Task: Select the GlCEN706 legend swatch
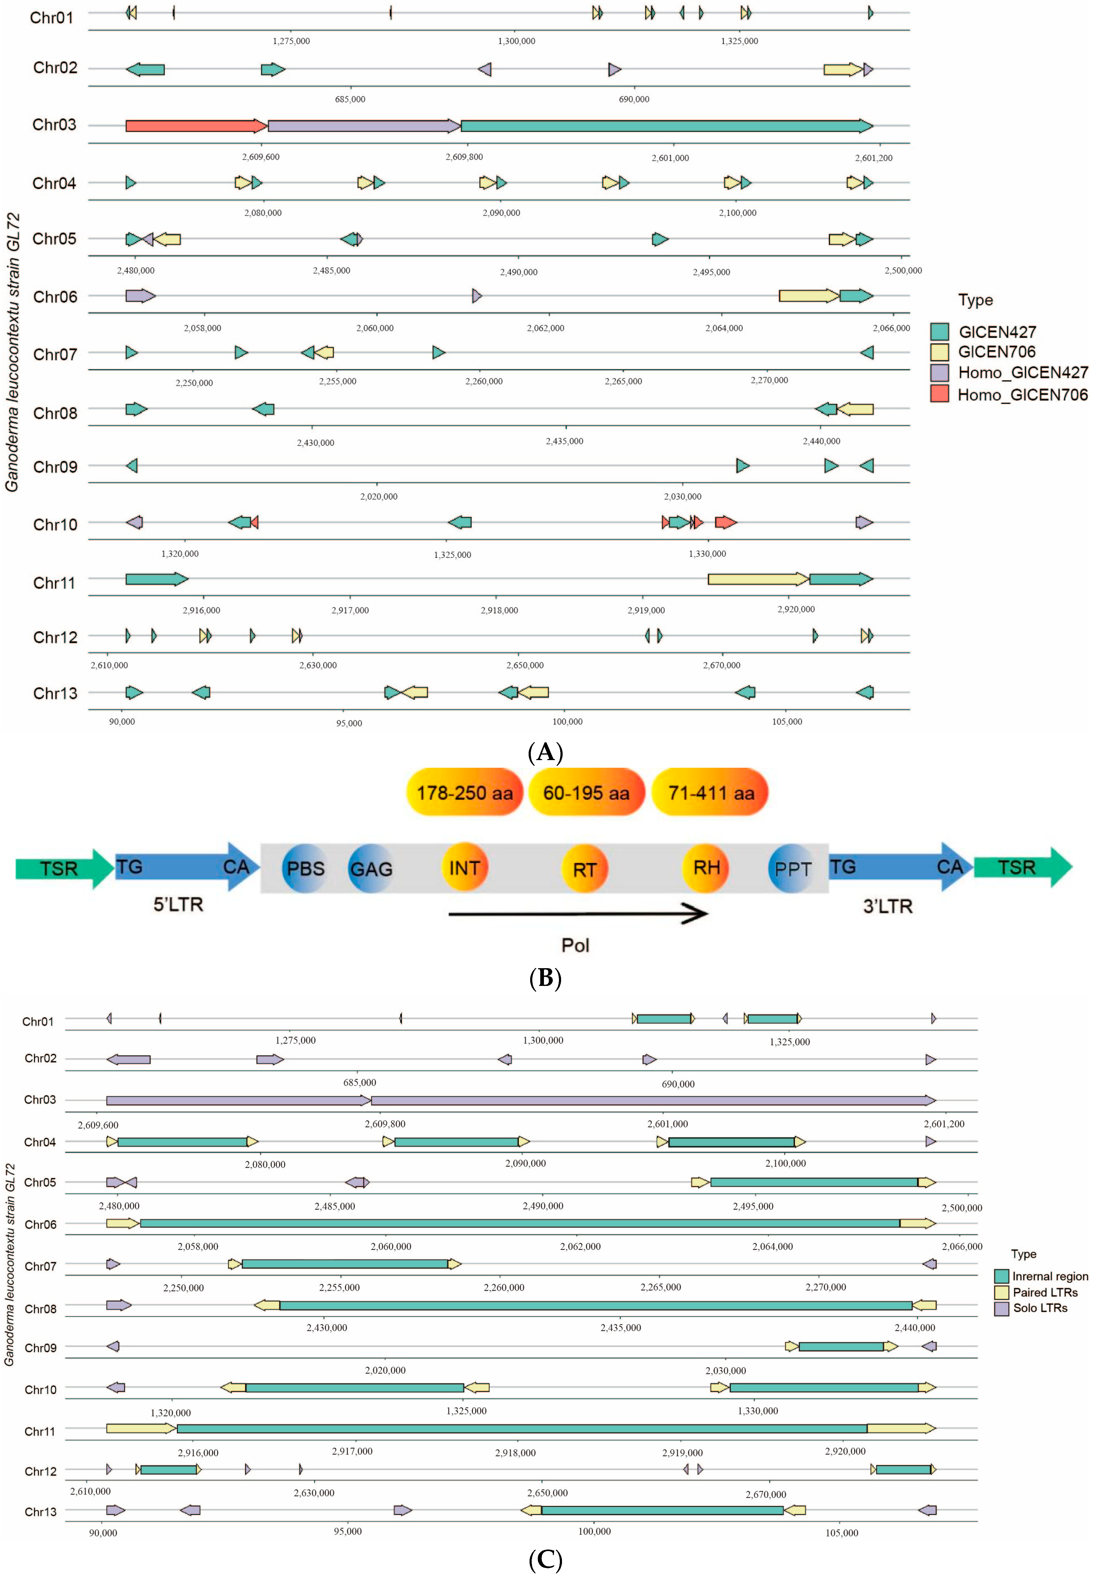[939, 352]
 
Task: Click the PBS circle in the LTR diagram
[304, 868]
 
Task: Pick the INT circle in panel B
[464, 867]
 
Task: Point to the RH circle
[706, 867]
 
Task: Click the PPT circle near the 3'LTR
[792, 868]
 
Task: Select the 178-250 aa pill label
[465, 793]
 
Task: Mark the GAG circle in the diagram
[371, 868]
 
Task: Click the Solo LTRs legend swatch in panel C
[1002, 1308]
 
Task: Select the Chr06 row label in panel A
[55, 297]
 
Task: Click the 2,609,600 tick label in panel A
[260, 157]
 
